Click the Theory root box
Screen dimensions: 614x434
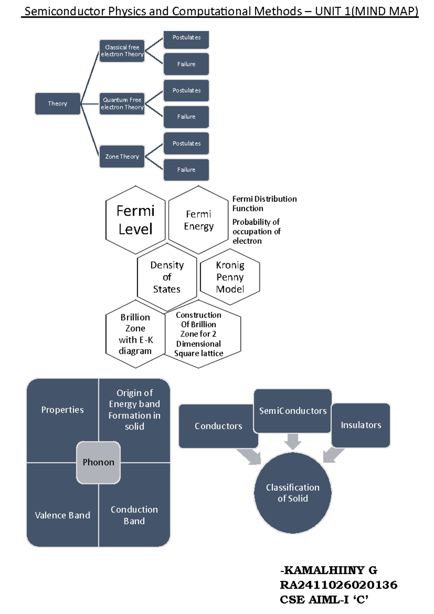58,104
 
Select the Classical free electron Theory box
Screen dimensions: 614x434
122,51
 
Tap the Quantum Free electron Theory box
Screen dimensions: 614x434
122,104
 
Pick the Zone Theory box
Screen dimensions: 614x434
122,156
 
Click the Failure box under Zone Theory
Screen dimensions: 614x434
186,169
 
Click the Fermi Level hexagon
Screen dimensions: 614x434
136,220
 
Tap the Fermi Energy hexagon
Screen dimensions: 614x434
199,220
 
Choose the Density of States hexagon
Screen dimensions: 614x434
167,277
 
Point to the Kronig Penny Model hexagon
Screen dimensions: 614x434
230,277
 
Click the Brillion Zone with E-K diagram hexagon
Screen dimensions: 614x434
135,334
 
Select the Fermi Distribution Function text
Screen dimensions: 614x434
264,203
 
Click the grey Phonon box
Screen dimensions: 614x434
98,462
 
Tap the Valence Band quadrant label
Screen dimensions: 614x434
62,515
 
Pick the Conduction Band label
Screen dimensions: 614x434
134,515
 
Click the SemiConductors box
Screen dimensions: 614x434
293,411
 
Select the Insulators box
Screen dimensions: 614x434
361,425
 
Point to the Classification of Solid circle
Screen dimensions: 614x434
293,493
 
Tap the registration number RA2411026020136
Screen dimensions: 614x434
339,585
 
